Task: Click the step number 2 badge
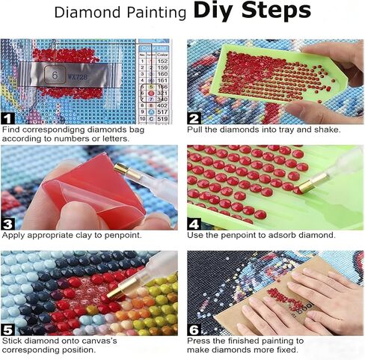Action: click(x=194, y=118)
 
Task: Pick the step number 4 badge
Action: click(x=194, y=222)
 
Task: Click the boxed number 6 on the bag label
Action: click(x=55, y=76)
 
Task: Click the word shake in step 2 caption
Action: click(x=325, y=129)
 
